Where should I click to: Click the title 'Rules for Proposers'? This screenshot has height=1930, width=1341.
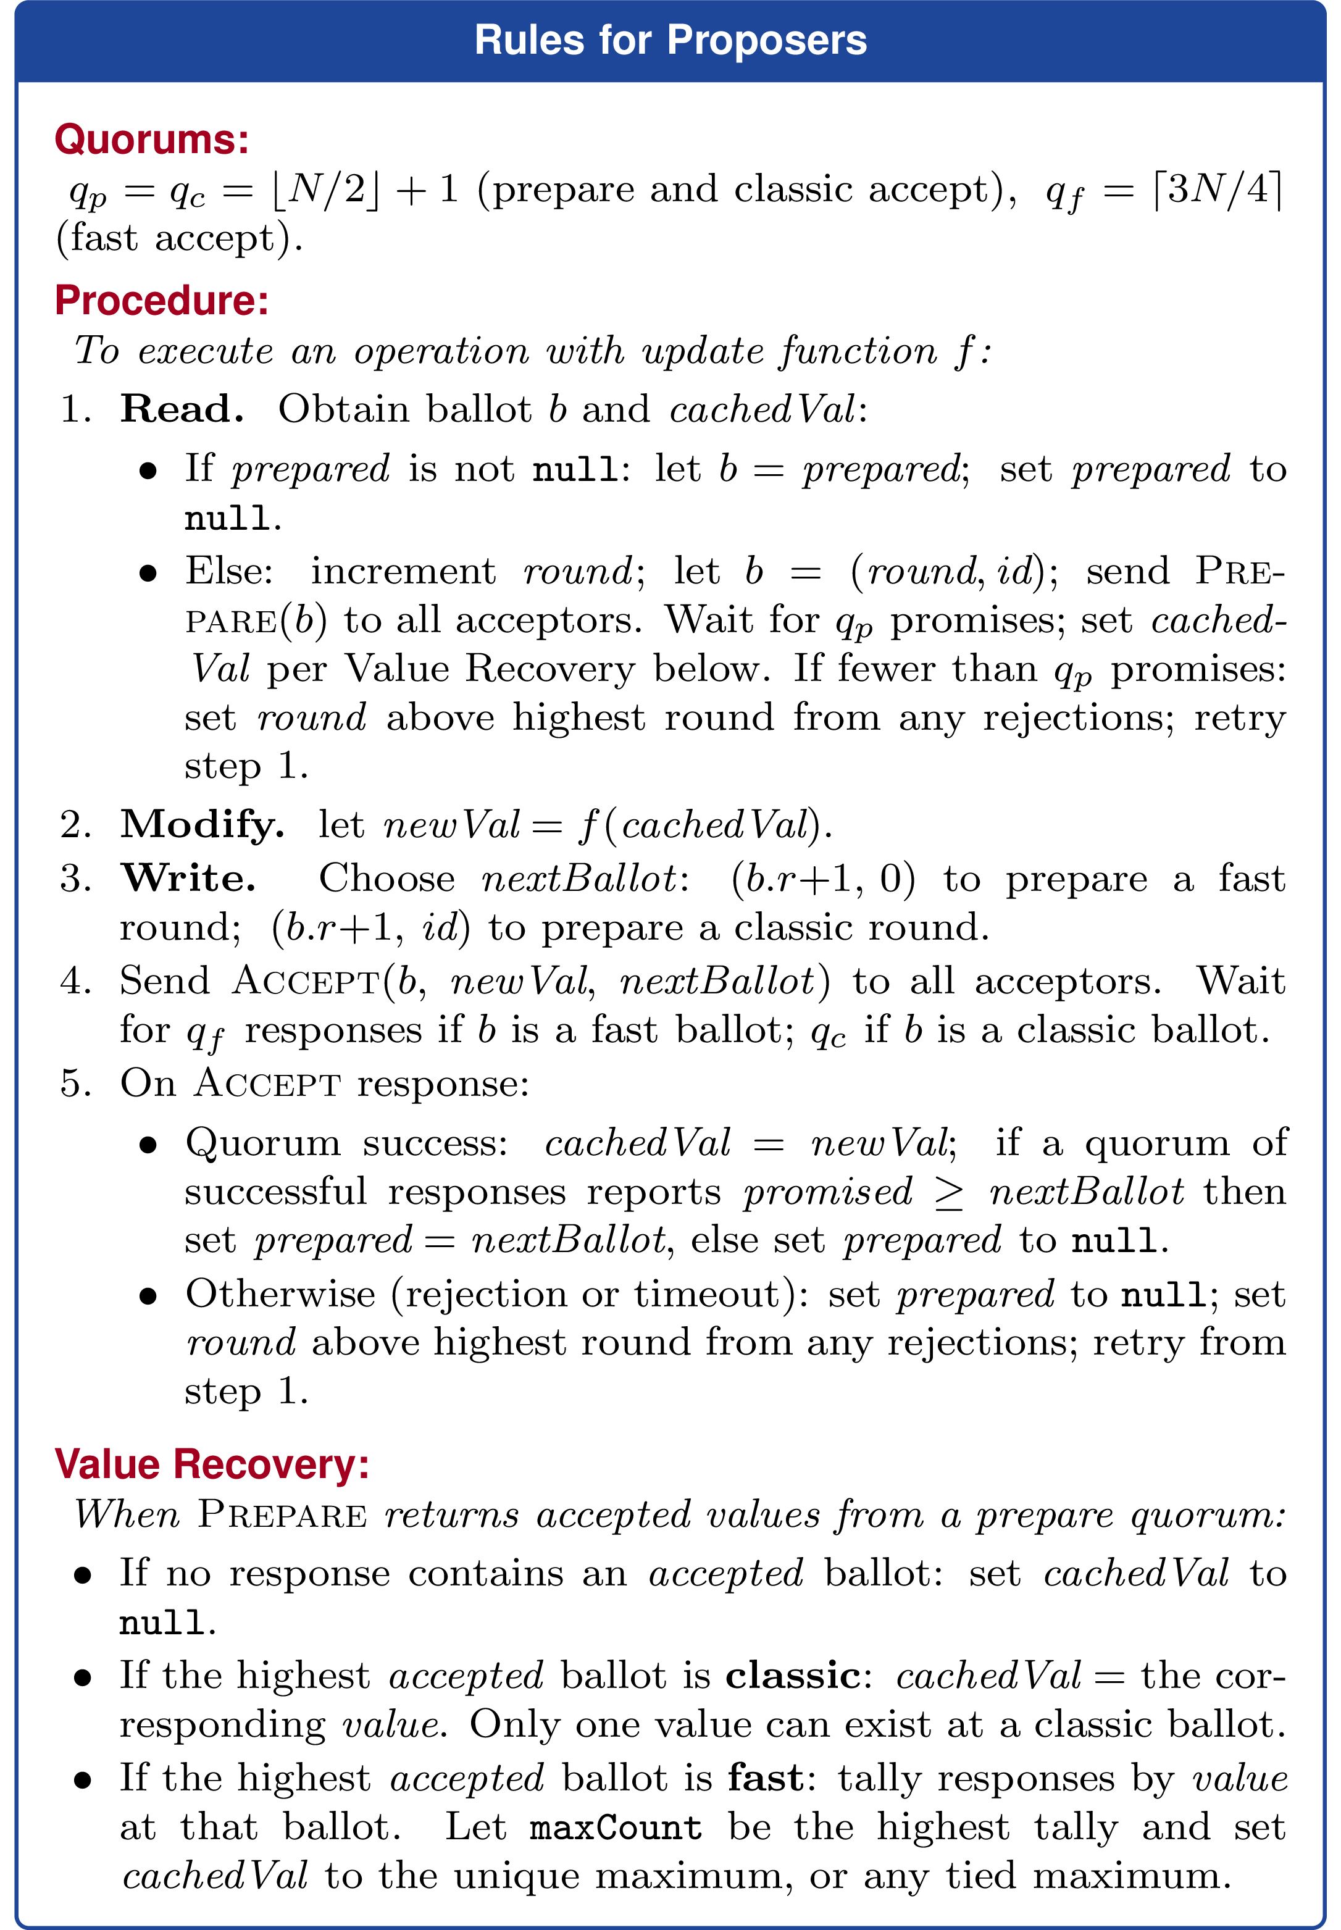[670, 40]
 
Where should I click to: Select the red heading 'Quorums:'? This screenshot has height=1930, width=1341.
[152, 140]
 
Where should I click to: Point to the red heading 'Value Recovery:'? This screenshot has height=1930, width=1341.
[212, 1464]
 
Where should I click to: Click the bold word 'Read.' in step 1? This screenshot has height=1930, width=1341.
[182, 409]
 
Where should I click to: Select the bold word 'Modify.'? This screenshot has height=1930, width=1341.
[202, 824]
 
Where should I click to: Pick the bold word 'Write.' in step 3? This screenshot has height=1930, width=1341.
[188, 879]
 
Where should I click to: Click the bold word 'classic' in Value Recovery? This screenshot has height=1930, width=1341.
[792, 1676]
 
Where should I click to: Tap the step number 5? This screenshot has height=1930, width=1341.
[75, 1084]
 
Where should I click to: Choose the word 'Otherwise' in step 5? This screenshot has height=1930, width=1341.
[280, 1294]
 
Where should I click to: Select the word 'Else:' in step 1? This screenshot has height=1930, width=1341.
[228, 571]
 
